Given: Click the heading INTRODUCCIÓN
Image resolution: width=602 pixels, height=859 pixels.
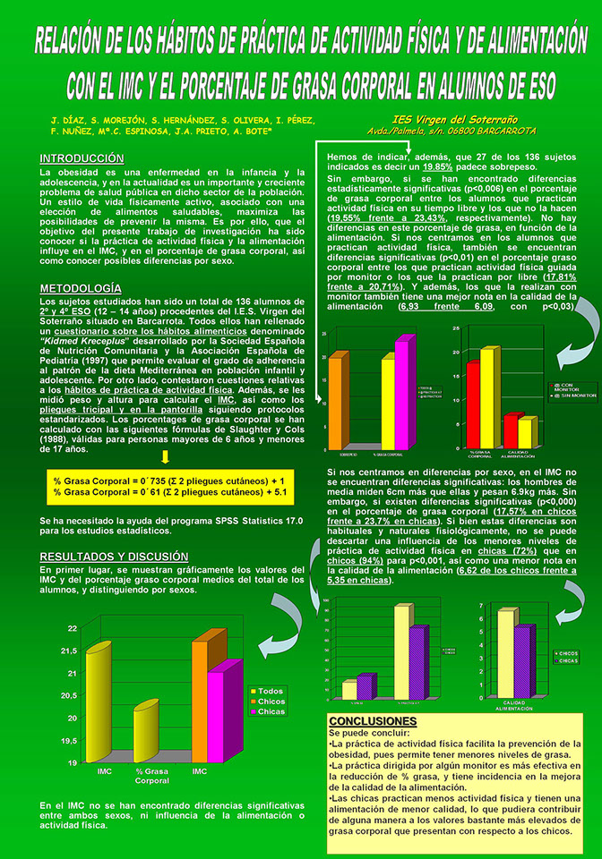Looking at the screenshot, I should tap(82, 158).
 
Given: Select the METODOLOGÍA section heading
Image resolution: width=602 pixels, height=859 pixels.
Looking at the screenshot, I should tap(81, 288).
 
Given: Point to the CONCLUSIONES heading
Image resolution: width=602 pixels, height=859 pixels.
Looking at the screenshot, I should tap(367, 720).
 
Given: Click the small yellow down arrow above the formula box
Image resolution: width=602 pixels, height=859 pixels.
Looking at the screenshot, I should tap(166, 457).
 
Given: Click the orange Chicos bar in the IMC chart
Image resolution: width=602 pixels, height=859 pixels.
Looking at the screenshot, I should tap(209, 698).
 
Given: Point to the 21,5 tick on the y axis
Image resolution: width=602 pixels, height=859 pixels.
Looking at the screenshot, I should tap(68, 651).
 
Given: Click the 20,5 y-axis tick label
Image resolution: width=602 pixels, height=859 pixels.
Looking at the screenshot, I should tap(68, 695).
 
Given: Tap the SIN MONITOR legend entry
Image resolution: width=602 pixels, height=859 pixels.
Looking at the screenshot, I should tap(564, 395).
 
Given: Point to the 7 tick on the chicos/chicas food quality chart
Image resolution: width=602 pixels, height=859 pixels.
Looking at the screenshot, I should tap(481, 606).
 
